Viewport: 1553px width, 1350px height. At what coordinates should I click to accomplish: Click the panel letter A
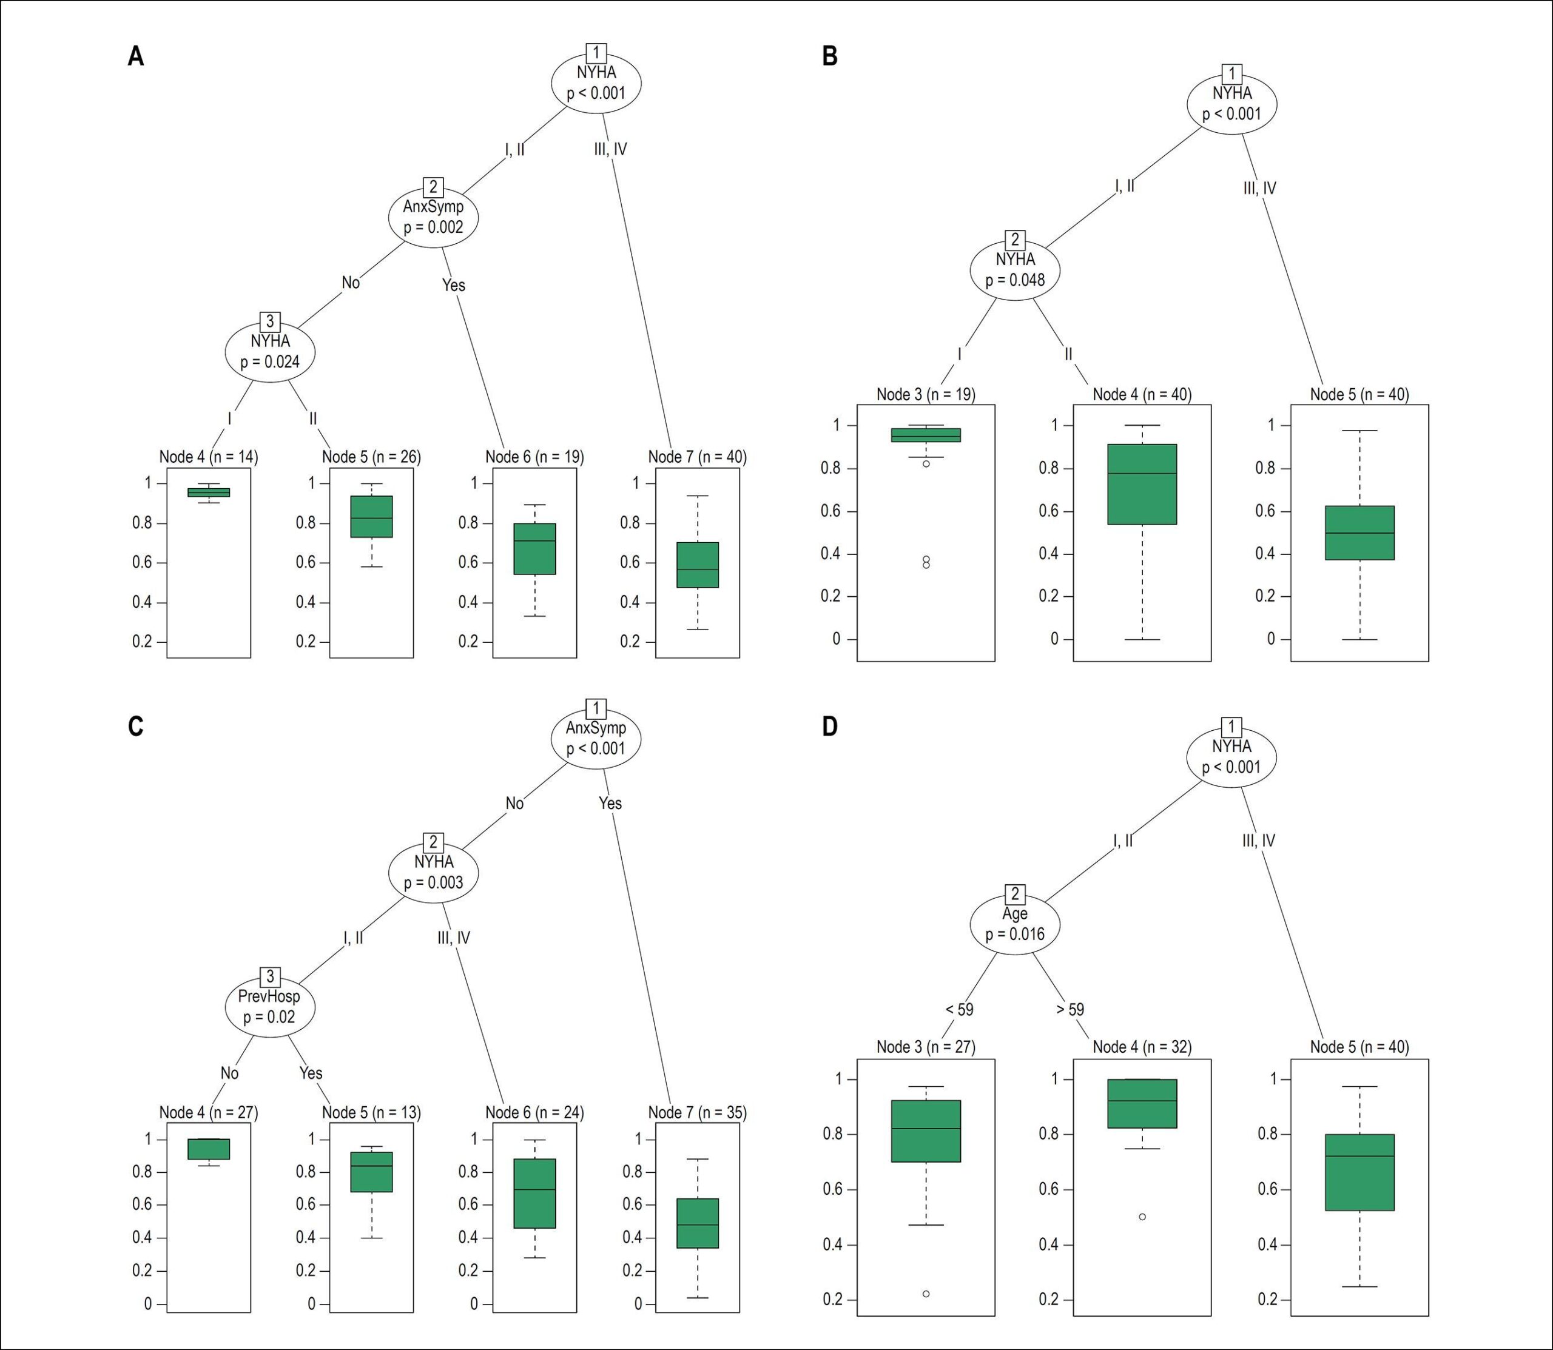click(136, 56)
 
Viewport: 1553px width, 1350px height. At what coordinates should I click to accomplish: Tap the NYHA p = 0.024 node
click(271, 352)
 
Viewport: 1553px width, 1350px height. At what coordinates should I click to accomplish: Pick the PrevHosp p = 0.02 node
click(271, 1007)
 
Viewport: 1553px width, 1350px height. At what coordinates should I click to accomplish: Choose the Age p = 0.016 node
click(1015, 924)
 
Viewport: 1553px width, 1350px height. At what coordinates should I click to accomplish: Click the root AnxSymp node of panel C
click(596, 738)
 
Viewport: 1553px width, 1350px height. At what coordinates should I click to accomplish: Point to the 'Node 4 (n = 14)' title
click(209, 457)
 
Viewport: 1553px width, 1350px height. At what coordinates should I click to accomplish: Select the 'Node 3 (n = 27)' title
click(926, 1046)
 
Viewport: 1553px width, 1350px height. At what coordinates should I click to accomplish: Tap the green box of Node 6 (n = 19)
click(535, 548)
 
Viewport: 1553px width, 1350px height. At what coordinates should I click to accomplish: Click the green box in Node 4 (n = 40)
click(1142, 485)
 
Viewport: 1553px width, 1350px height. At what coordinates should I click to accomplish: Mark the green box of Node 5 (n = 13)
click(371, 1172)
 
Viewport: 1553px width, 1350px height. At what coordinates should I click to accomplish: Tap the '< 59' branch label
click(959, 1009)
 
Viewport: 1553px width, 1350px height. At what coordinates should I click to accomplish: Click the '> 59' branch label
click(1070, 1009)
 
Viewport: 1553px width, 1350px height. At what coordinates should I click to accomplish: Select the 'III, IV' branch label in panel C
click(454, 938)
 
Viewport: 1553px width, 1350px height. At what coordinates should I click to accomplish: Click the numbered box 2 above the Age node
click(1015, 894)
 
